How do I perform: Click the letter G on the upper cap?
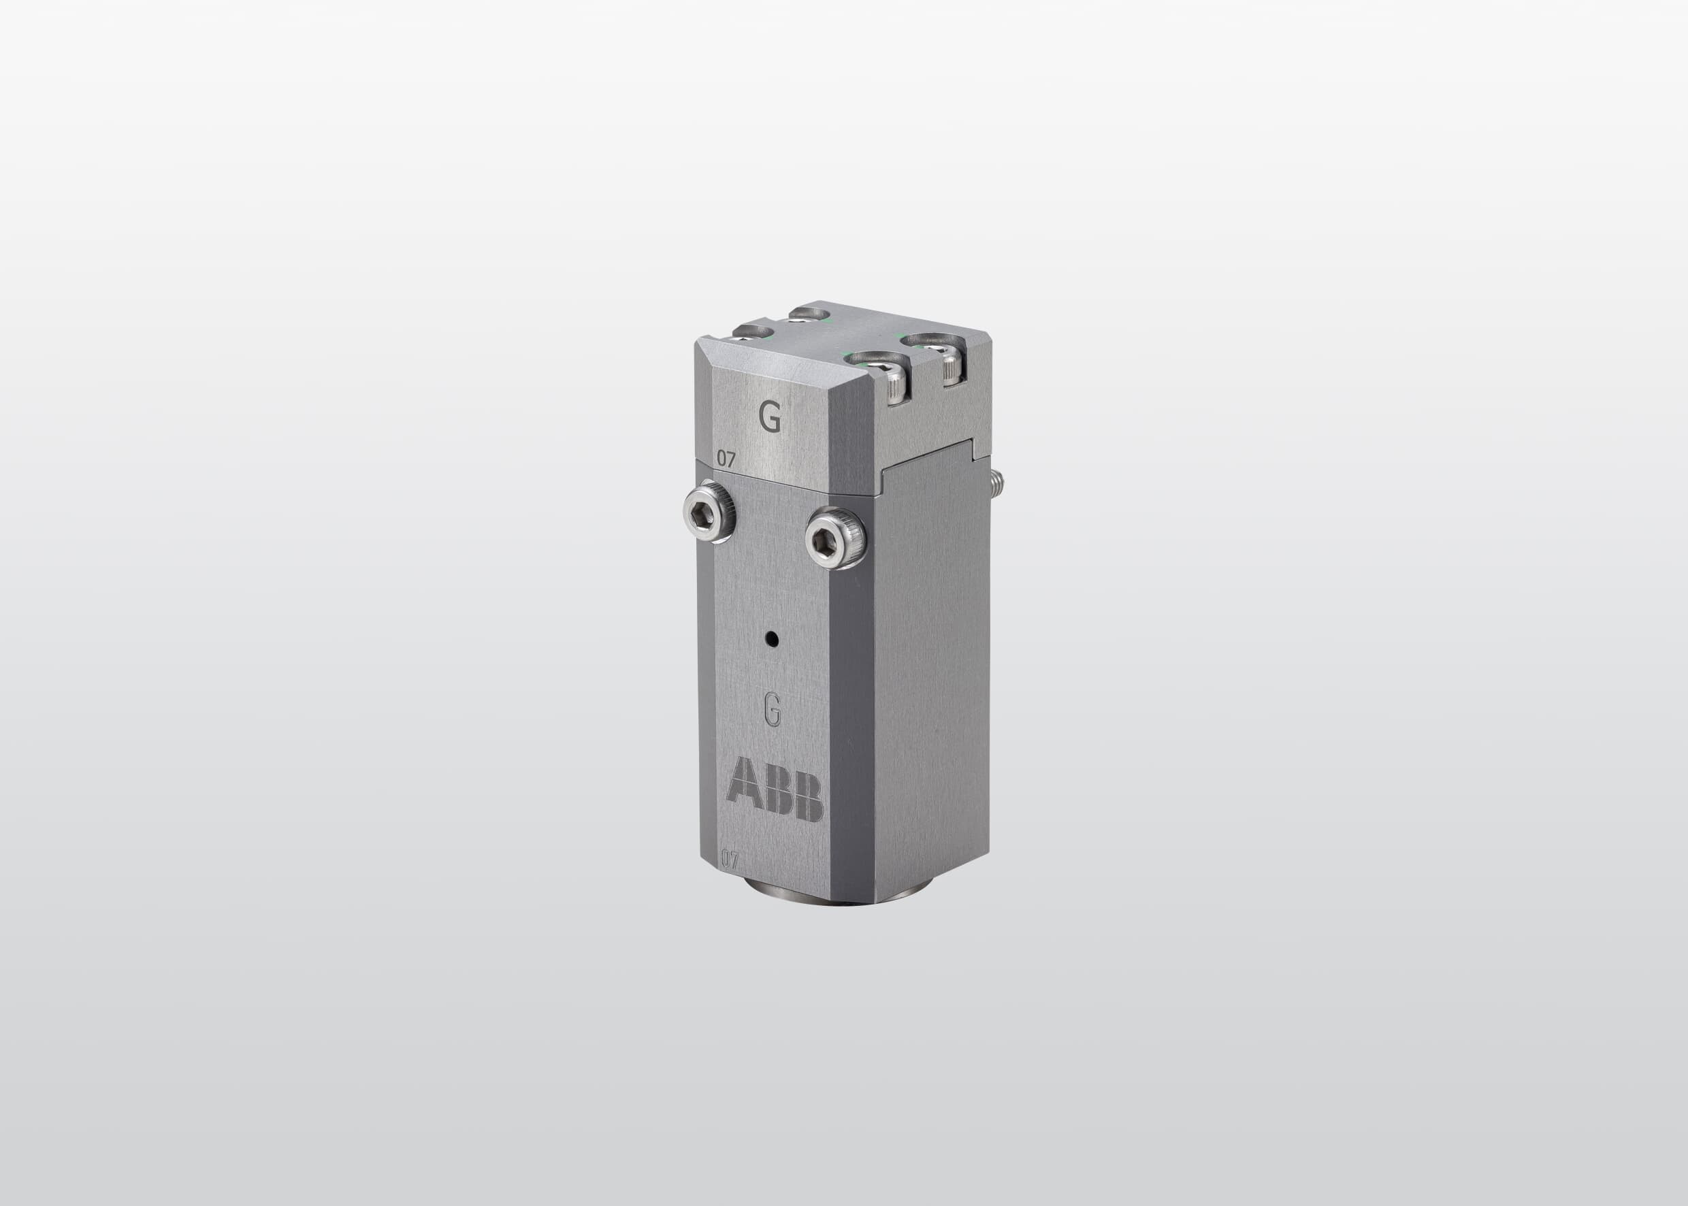click(770, 419)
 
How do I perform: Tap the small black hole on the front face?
click(774, 637)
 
